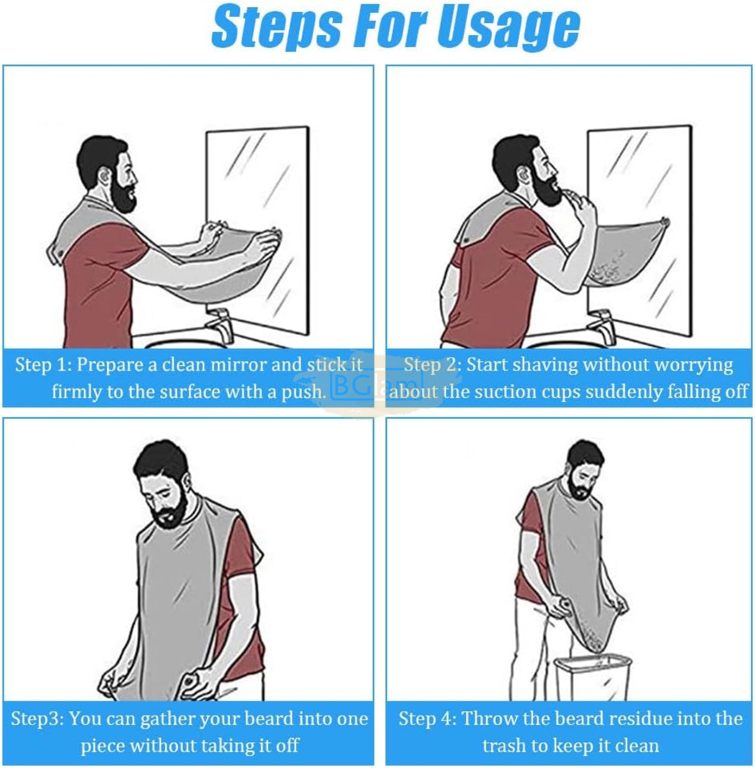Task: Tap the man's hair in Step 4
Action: point(586,454)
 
